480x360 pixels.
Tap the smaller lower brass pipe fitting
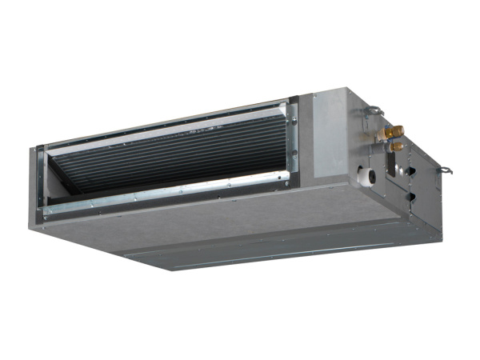(x=395, y=147)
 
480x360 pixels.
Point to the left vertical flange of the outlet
(x=40, y=180)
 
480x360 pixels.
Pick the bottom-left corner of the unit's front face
(x=32, y=225)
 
